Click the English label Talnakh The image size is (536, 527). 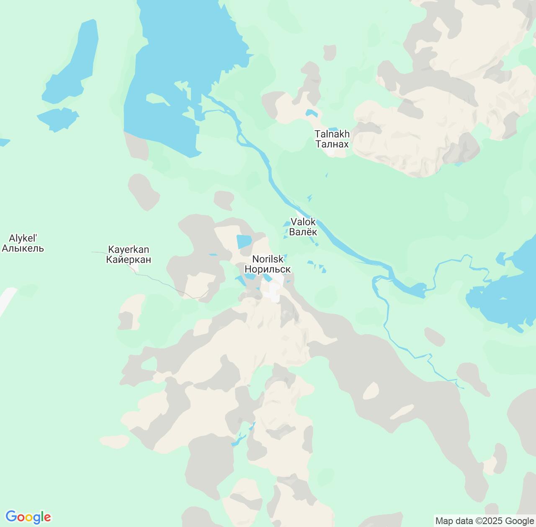[x=332, y=134]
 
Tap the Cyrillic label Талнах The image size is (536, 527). [x=332, y=144]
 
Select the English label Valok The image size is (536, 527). [x=303, y=222]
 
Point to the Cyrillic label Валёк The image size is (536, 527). [x=303, y=232]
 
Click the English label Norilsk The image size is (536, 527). [x=268, y=259]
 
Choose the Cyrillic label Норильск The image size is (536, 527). [x=268, y=269]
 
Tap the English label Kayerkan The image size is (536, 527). [x=129, y=250]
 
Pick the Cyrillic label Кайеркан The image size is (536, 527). [x=129, y=260]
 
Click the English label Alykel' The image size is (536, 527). [x=23, y=238]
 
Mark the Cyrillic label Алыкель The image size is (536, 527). [x=23, y=248]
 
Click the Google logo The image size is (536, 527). [x=28, y=517]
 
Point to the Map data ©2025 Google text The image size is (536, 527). [x=484, y=521]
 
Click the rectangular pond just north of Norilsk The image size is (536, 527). [x=244, y=242]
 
